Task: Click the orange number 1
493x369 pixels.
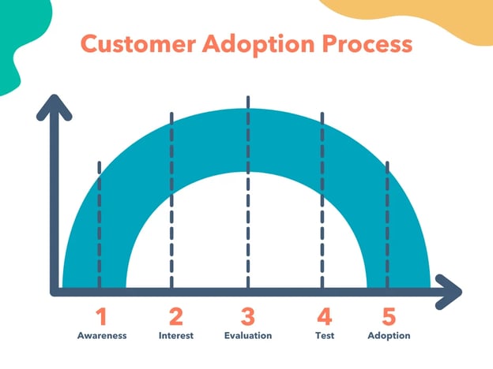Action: coord(100,317)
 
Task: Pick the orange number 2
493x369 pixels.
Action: coord(175,317)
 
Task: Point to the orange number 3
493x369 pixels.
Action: coord(248,317)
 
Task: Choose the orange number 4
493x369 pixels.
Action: coord(324,317)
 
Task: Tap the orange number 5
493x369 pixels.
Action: coord(389,317)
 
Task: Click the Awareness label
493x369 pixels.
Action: coord(102,336)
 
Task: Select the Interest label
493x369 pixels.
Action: coord(175,336)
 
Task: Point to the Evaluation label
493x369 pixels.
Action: coord(248,336)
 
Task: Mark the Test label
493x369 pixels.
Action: coord(324,336)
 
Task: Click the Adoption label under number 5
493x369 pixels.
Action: coord(389,336)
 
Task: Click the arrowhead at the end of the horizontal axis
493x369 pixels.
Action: coord(450,291)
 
